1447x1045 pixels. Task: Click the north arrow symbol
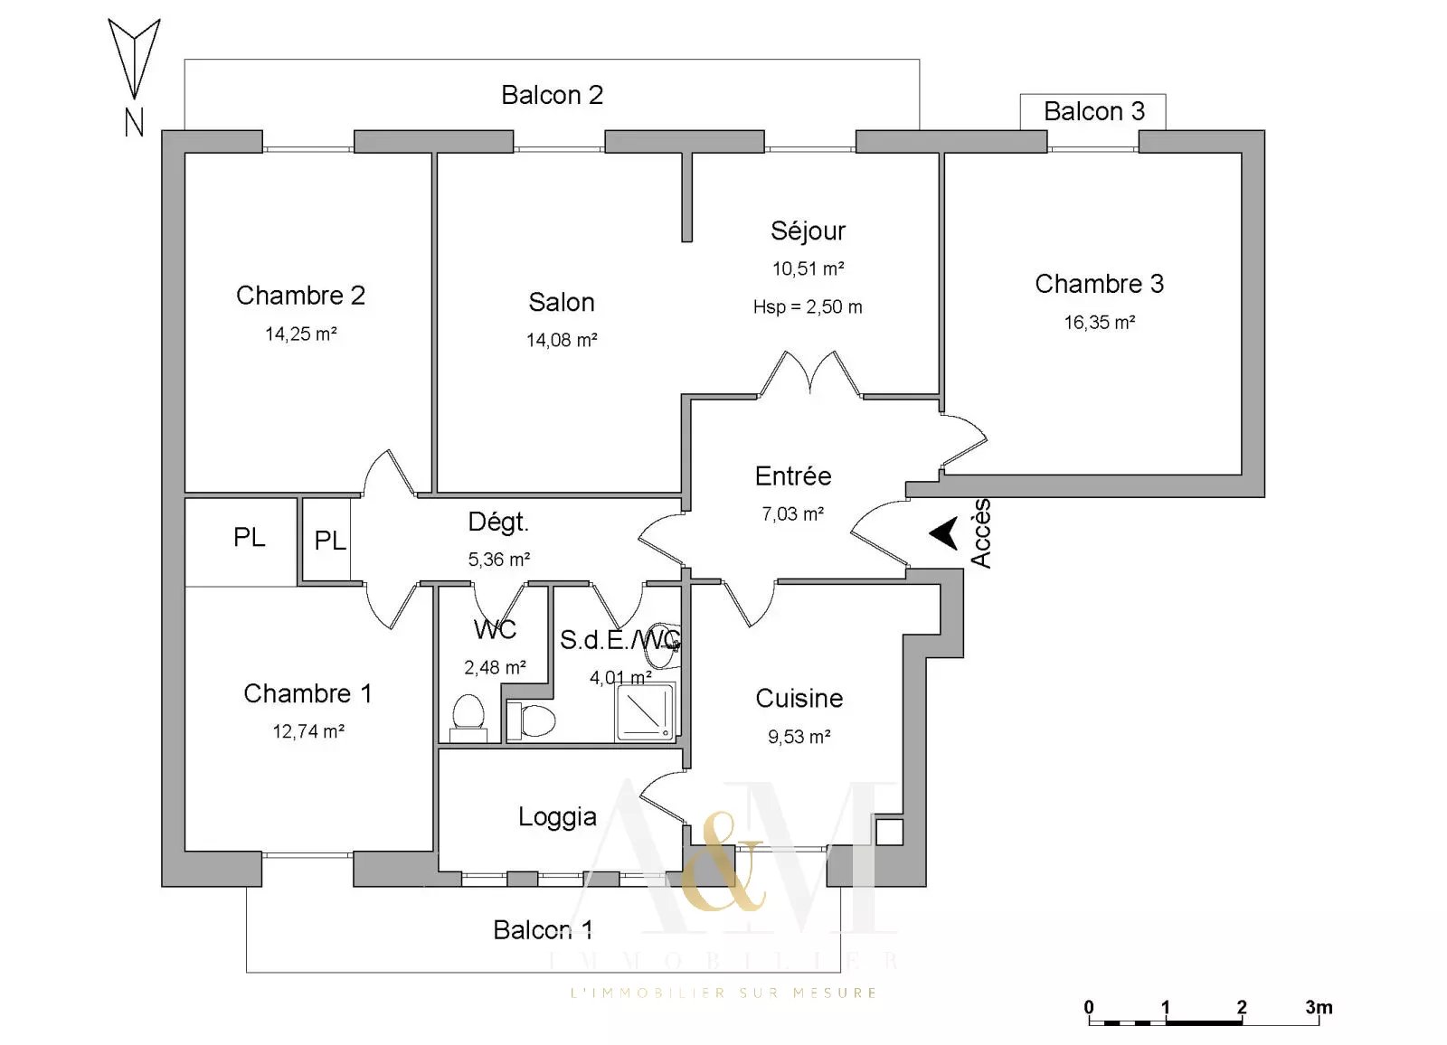[134, 59]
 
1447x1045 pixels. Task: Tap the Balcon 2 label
[552, 95]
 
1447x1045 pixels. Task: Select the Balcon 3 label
[1093, 111]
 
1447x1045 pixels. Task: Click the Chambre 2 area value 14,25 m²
[301, 334]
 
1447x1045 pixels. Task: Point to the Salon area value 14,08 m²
[562, 341]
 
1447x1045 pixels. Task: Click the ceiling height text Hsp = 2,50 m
[808, 307]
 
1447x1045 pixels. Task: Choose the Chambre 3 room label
[1099, 284]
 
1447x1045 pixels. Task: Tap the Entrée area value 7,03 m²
[792, 514]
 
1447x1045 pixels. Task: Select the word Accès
[981, 533]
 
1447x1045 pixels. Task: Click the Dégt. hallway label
[498, 522]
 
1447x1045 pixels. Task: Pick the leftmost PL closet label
[250, 538]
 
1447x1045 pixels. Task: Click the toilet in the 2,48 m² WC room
[468, 714]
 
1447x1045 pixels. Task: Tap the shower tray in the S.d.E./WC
[645, 711]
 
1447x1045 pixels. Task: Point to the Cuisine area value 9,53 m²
[799, 737]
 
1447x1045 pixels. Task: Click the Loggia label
[557, 817]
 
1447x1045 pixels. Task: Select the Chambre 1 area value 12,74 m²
[308, 731]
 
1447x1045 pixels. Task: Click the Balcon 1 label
[543, 929]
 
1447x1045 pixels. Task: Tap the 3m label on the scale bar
[1319, 1007]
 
